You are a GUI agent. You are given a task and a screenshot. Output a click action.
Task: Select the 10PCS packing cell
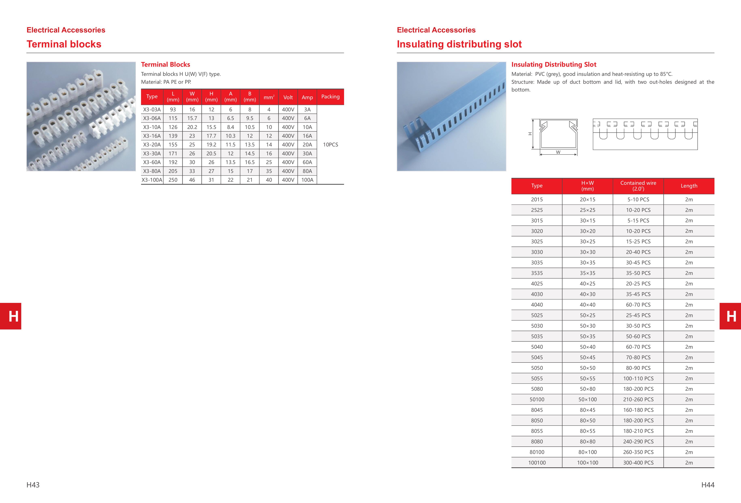tap(330, 145)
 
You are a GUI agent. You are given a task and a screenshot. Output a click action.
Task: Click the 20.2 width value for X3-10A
tap(192, 127)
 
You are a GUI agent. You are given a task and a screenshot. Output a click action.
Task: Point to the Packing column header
tap(330, 97)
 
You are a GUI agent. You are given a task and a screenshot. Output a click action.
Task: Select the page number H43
tap(33, 485)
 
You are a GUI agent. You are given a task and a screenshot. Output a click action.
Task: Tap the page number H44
tap(708, 485)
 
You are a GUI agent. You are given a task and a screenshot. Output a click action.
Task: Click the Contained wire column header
tap(638, 186)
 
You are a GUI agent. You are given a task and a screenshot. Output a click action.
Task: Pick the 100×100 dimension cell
tap(587, 462)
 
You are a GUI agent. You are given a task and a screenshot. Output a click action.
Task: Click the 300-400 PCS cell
tap(638, 462)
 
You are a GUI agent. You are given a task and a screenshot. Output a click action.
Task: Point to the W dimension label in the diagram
tap(558, 152)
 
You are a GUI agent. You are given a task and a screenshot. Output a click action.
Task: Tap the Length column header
tap(689, 186)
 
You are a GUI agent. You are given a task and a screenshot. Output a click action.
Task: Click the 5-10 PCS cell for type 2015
tap(638, 199)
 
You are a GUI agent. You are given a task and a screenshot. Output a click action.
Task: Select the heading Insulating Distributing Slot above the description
tap(554, 64)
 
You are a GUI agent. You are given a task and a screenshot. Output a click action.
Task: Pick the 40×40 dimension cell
tap(587, 305)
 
